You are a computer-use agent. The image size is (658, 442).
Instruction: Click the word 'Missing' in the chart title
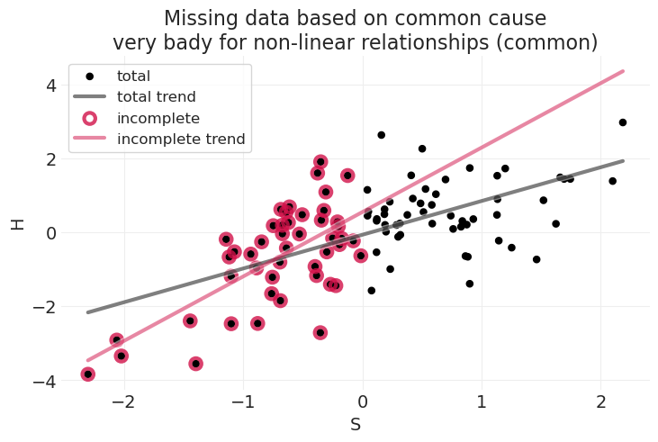click(199, 19)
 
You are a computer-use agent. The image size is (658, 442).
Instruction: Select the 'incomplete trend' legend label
click(181, 140)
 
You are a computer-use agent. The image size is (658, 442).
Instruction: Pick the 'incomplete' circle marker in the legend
click(90, 118)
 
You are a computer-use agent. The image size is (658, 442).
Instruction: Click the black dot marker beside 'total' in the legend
click(90, 77)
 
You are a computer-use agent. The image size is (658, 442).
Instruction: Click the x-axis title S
click(356, 425)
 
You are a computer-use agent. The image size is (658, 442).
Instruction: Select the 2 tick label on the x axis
click(601, 401)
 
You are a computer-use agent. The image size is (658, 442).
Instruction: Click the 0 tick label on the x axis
click(363, 401)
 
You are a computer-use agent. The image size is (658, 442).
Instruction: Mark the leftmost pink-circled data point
click(87, 374)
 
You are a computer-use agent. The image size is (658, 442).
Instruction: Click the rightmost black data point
click(622, 122)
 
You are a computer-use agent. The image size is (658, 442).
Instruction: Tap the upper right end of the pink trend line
click(623, 71)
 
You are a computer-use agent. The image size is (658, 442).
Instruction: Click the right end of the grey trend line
click(623, 161)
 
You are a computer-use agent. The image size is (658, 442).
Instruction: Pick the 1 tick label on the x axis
click(482, 401)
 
